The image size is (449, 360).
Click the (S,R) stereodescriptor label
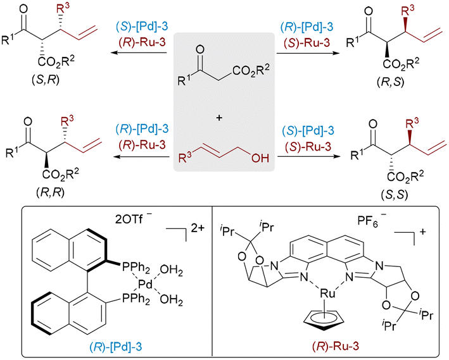[46, 80]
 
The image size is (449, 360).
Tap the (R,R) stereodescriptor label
[51, 192]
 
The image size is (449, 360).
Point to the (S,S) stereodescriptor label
[395, 195]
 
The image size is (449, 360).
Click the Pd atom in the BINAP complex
[146, 284]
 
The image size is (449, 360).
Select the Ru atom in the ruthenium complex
[327, 294]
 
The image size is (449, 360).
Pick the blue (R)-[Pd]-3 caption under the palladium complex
[116, 347]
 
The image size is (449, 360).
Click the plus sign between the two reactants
[219, 118]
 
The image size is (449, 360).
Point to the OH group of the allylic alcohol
[260, 158]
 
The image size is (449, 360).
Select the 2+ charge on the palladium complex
[198, 228]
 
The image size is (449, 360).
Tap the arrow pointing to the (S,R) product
[139, 53]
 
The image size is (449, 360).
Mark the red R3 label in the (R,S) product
[407, 12]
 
